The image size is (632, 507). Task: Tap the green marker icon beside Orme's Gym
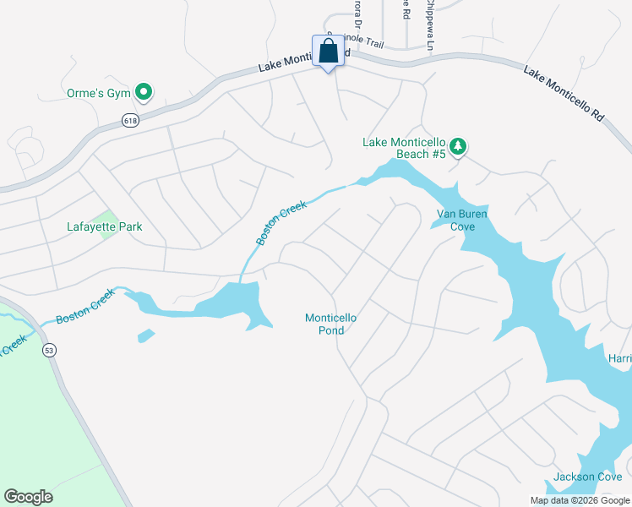(x=144, y=91)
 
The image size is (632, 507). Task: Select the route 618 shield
(x=129, y=120)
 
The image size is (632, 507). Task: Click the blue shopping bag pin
(x=328, y=52)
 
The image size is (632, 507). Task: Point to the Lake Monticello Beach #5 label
(x=404, y=148)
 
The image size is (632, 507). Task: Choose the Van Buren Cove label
(x=462, y=220)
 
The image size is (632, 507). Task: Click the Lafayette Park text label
(x=105, y=226)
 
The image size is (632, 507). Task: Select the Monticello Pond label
(x=331, y=324)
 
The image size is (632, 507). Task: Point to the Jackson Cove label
(x=587, y=477)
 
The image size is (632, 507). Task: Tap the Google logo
(x=28, y=497)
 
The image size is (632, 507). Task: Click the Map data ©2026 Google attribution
(x=579, y=500)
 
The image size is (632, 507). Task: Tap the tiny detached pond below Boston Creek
(x=146, y=335)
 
